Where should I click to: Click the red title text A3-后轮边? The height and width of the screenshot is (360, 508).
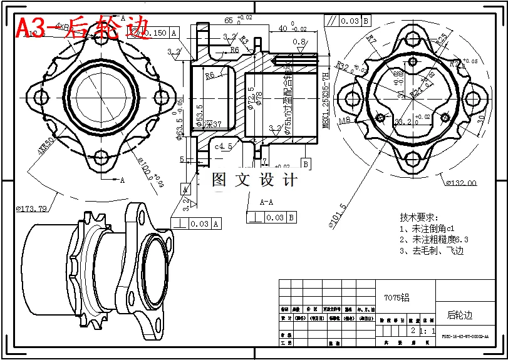pyautogui.click(x=81, y=27)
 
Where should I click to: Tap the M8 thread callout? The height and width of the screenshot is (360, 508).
pyautogui.click(x=345, y=120)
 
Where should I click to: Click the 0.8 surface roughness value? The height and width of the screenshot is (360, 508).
pyautogui.click(x=299, y=42)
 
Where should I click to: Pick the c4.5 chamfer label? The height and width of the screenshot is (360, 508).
pyautogui.click(x=224, y=147)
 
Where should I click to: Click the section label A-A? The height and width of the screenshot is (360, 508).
pyautogui.click(x=267, y=202)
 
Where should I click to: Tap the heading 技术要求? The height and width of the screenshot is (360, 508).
pyautogui.click(x=417, y=217)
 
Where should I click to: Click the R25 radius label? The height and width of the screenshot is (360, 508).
pyautogui.click(x=442, y=38)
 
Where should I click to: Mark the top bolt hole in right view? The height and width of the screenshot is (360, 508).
pyautogui.click(x=410, y=38)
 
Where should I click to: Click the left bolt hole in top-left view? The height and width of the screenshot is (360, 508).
pyautogui.click(x=41, y=97)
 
